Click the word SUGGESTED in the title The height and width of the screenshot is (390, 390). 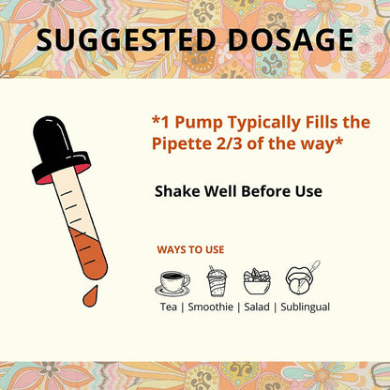(x=126, y=39)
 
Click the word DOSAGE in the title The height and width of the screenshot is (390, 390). (x=291, y=39)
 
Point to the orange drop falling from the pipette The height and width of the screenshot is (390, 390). (x=90, y=296)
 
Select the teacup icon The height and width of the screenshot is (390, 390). (x=172, y=283)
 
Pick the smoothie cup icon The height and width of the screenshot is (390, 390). (x=217, y=281)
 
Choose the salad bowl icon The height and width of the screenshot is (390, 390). (x=257, y=281)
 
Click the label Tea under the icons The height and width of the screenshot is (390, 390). (x=169, y=307)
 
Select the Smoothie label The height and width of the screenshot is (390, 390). (x=211, y=307)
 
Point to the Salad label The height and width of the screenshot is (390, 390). (x=257, y=307)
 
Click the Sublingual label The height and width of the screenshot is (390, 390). (x=306, y=307)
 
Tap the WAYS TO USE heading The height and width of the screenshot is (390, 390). (x=190, y=249)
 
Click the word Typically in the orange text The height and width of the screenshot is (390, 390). (x=264, y=123)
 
